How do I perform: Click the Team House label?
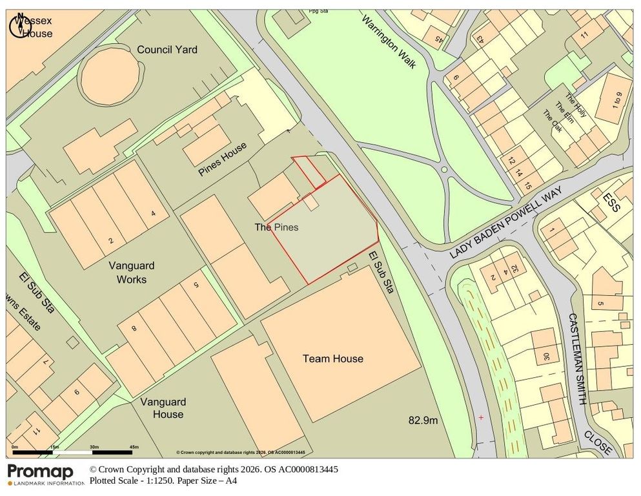[332, 358]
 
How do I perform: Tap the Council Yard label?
[167, 50]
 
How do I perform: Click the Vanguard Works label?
[127, 273]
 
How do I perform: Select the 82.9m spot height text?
[423, 420]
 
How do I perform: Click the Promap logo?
[40, 472]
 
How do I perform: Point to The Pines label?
[276, 227]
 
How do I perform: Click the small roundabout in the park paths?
[443, 170]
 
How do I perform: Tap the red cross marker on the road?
[480, 418]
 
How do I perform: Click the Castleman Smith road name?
[576, 359]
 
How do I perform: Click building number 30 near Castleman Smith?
[546, 356]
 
